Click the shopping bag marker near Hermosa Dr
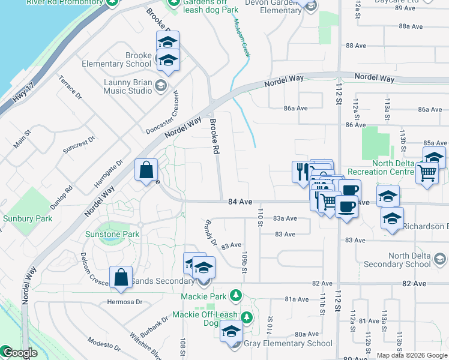(x=121, y=277)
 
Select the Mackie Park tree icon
(x=236, y=296)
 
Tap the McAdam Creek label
(x=242, y=37)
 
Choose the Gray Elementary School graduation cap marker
(x=231, y=331)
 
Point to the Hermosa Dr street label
(x=125, y=302)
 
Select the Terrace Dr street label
(x=70, y=88)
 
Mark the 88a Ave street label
(x=411, y=26)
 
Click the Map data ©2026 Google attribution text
(x=412, y=355)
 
